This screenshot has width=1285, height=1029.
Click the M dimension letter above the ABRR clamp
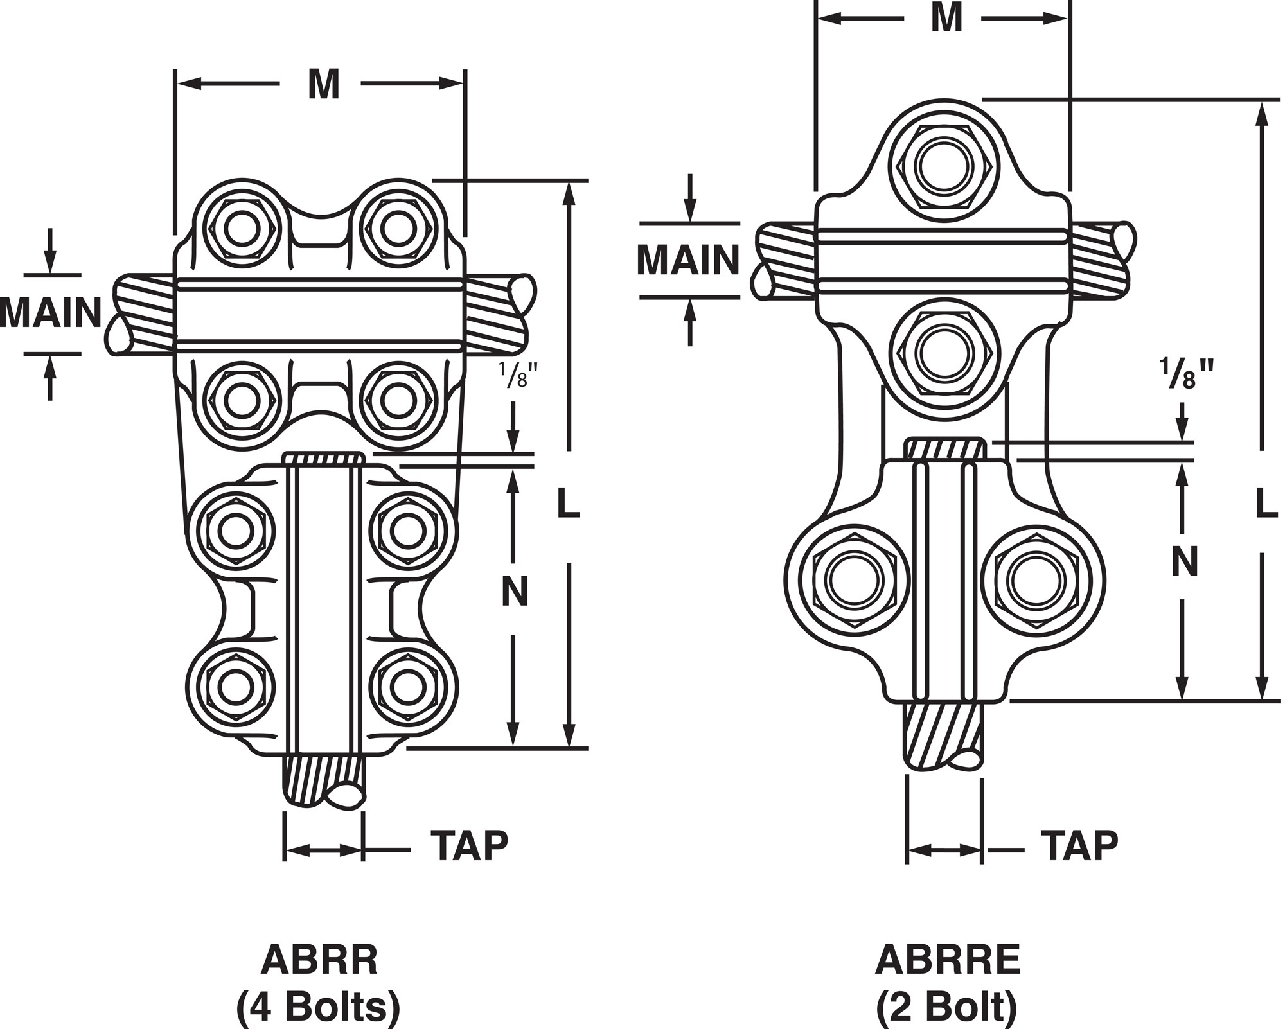(323, 84)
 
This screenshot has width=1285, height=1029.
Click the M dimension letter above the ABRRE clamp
(946, 18)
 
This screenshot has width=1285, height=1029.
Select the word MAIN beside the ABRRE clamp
(688, 260)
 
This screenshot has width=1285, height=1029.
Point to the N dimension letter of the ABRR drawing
(515, 591)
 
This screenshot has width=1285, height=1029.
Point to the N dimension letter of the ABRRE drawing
(1185, 562)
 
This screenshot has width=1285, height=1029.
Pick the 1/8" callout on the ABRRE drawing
(1186, 374)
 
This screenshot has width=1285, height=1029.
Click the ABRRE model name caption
(948, 961)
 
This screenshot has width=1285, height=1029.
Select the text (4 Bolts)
(319, 1007)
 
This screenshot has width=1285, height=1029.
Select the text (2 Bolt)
(947, 1007)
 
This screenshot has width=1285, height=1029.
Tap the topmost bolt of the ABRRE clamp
(944, 166)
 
